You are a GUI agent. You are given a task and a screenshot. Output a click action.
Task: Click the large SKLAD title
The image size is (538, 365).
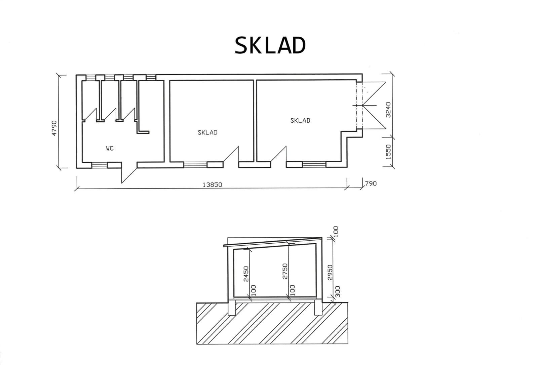[x=270, y=45]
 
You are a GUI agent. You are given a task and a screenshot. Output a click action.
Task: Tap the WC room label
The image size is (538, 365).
[x=110, y=149]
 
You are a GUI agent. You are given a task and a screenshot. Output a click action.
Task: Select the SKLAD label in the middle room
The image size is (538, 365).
[x=207, y=132]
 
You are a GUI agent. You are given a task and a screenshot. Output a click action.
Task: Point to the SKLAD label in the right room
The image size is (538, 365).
[x=300, y=121]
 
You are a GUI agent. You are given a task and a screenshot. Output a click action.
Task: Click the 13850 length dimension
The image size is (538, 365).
[x=212, y=185]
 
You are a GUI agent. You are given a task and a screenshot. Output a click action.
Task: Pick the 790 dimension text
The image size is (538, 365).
[x=371, y=184]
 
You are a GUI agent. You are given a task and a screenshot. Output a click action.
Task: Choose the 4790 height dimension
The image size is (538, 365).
[x=54, y=128]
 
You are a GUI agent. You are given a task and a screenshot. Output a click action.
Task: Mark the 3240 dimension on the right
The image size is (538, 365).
[x=388, y=110]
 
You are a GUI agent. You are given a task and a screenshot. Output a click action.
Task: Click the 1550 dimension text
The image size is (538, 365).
[x=388, y=152]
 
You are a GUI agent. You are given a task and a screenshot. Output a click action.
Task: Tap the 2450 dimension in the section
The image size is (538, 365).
[x=246, y=274]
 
